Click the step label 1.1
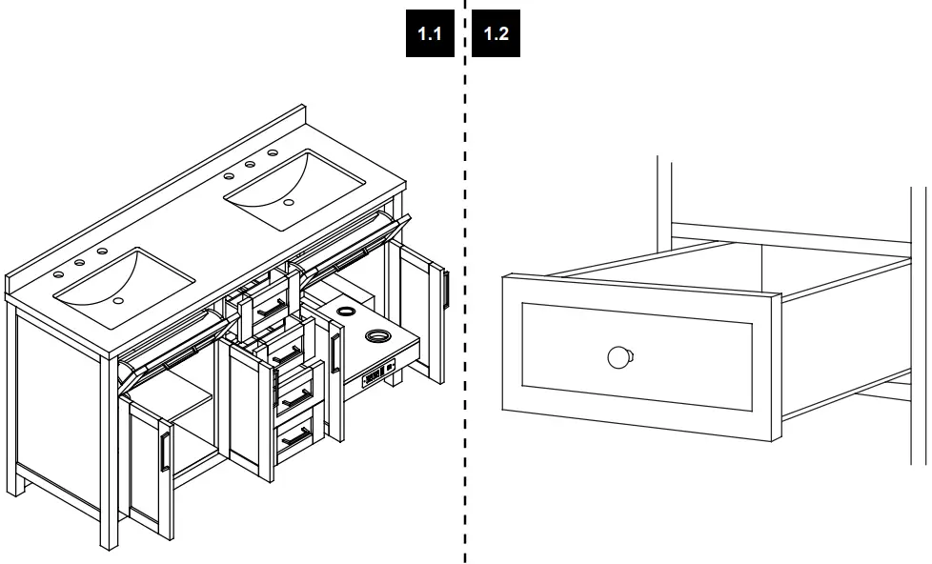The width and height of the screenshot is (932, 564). coord(430,33)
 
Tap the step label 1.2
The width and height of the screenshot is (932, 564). coord(496,33)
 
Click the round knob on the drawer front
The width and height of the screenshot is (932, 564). coord(620,358)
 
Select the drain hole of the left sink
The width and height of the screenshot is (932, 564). coord(118,301)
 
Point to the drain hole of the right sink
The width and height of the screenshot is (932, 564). coord(289,203)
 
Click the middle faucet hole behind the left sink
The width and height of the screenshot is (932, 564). coord(80,263)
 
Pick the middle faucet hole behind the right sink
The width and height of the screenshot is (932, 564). coord(251,164)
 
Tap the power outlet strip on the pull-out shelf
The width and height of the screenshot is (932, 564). coord(378,374)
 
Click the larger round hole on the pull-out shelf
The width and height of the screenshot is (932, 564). coord(376,336)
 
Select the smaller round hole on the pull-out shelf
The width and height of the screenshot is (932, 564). coord(345,311)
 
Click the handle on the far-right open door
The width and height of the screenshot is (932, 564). coord(446,290)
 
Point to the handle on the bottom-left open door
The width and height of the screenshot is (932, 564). coord(165,452)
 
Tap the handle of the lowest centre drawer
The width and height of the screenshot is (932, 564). coord(296,438)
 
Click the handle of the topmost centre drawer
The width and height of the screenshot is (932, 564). coord(273,309)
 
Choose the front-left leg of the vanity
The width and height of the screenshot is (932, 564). coord(110,453)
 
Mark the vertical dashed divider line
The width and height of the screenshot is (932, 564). coord(465,282)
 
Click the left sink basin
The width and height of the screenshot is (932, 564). coord(125,289)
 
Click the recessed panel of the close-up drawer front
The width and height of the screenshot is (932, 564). coord(638,356)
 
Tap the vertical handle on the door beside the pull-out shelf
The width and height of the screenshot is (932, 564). coord(335,353)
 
